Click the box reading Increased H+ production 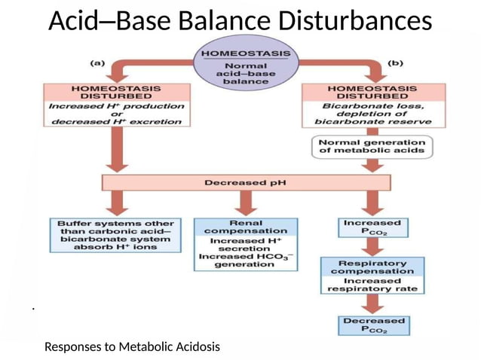(x=116, y=111)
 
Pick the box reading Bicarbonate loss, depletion (x=368, y=111)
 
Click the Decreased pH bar (x=246, y=182)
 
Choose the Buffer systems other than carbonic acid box (x=116, y=235)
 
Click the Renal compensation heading (x=245, y=226)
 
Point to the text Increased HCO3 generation (x=245, y=260)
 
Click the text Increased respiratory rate (x=372, y=285)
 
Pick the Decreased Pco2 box (x=373, y=325)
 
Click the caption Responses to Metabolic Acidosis (x=132, y=347)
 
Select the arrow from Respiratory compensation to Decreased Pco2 (x=372, y=304)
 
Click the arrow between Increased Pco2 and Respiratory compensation (x=372, y=247)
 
